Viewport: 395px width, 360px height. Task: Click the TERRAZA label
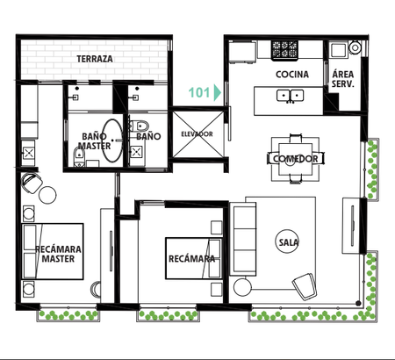click(95, 59)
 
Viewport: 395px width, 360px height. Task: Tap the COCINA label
click(292, 75)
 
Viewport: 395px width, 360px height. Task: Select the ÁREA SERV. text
click(342, 79)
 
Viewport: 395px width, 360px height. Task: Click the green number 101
click(199, 92)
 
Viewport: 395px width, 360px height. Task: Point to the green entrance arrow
click(217, 92)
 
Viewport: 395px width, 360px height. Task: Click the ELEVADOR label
click(197, 134)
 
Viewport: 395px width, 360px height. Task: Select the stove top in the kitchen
click(284, 49)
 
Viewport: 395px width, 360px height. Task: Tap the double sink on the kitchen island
click(290, 96)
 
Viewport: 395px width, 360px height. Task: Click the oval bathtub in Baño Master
click(112, 140)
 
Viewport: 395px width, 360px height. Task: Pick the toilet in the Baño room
click(140, 126)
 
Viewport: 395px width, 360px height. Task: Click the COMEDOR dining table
click(295, 159)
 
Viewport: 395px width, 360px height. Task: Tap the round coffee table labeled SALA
click(287, 241)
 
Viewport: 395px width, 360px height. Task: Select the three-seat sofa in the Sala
click(243, 239)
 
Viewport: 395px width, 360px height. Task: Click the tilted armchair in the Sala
click(305, 286)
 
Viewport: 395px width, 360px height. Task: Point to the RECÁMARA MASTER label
click(58, 254)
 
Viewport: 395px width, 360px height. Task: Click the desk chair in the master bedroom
click(32, 183)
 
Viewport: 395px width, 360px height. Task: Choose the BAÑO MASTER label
click(94, 141)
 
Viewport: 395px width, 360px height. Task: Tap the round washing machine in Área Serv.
click(355, 47)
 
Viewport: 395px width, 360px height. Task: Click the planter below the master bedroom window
click(68, 315)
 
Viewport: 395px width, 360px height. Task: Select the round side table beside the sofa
click(242, 287)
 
